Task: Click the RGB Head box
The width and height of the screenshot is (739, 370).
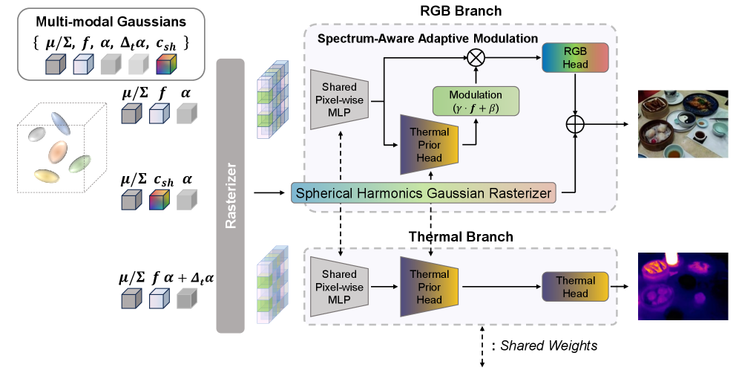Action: tap(575, 57)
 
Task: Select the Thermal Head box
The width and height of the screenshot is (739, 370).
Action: tap(575, 286)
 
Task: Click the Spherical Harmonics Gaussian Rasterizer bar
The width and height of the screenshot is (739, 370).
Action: tap(423, 193)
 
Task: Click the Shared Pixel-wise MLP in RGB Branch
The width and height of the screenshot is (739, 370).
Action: tap(339, 98)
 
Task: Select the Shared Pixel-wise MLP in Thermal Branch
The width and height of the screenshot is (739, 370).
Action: tap(339, 285)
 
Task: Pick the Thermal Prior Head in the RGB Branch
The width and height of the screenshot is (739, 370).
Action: tap(430, 140)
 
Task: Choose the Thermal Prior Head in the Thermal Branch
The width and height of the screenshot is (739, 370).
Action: tap(430, 285)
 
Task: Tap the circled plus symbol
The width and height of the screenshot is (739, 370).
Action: tap(575, 124)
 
